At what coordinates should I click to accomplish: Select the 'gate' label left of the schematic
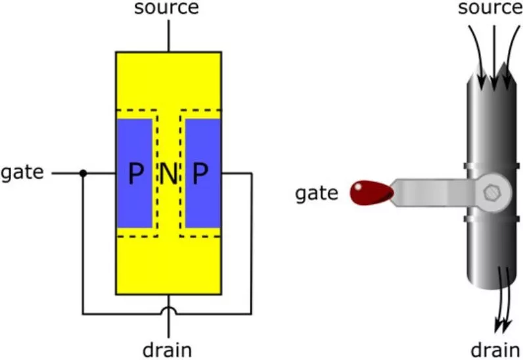pos(22,173)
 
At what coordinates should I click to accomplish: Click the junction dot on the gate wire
pos(83,173)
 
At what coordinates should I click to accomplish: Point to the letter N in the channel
pos(169,174)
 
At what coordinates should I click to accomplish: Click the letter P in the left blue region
pos(135,174)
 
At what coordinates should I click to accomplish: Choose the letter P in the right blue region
pos(200,174)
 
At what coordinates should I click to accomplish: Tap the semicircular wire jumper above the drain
pos(169,308)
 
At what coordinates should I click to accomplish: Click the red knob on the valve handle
pos(371,192)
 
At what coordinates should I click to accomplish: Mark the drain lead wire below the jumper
pos(169,325)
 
